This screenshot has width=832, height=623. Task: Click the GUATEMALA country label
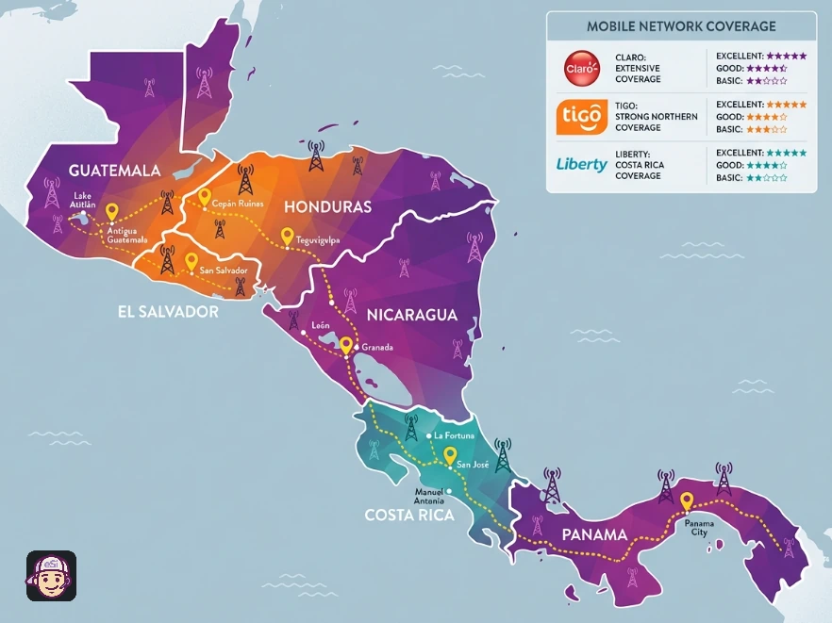coord(113,171)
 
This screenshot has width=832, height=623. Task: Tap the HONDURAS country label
coord(328,206)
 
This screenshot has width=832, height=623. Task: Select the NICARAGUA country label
coord(411,315)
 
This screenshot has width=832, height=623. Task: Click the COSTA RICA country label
coord(409,516)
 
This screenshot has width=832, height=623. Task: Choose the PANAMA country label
coord(594,534)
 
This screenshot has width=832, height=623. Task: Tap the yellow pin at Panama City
coord(687,501)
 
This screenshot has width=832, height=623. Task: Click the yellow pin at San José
coord(450,454)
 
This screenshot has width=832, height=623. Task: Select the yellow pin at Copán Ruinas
coord(204,196)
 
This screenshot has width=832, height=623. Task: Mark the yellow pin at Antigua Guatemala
coord(112,212)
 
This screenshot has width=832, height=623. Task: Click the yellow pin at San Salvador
coord(191,260)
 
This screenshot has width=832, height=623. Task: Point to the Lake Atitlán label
coord(83,203)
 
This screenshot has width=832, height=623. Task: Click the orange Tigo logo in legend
coord(582,117)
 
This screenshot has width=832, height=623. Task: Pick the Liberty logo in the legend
coord(582,165)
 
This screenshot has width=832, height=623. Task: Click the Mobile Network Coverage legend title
coord(681,26)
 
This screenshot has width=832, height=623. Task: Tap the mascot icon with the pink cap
coord(51,576)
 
